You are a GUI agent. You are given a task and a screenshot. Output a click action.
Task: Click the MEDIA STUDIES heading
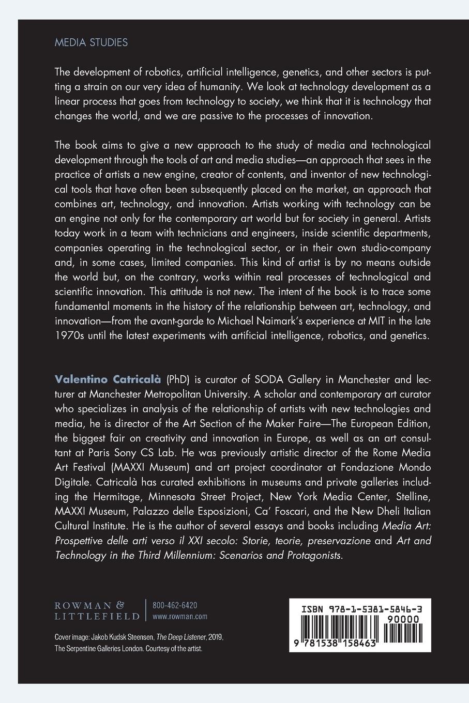click(91, 42)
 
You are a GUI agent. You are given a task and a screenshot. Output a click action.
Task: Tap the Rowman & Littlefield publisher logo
click(97, 610)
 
